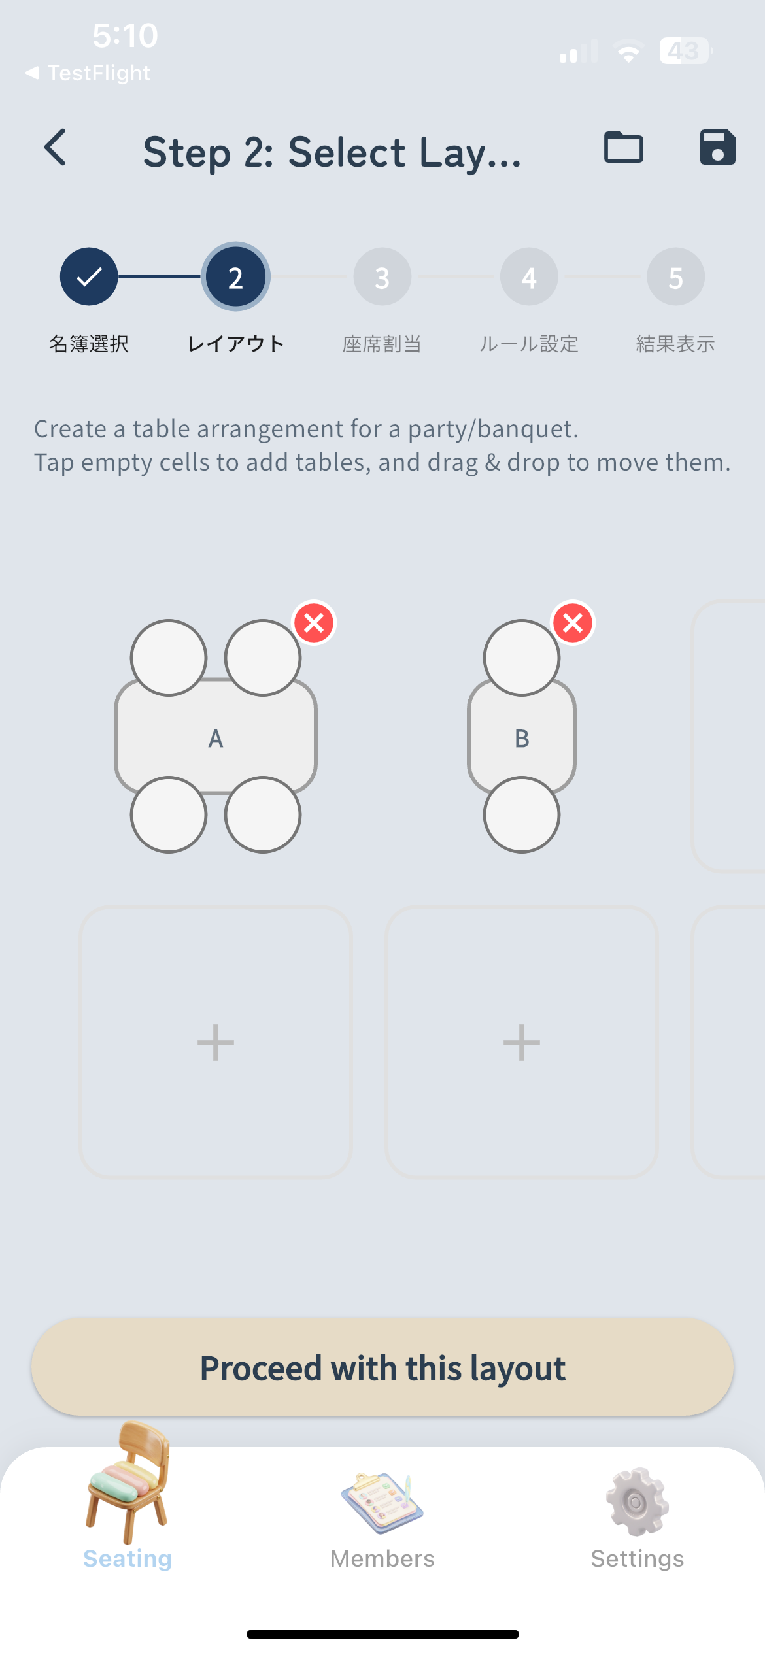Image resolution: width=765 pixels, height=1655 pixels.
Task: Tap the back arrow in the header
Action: [56, 148]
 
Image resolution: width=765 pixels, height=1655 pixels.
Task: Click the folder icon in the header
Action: [623, 148]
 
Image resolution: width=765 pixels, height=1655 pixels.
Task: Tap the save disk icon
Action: [717, 148]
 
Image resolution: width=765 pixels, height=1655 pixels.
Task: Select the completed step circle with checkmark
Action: [89, 277]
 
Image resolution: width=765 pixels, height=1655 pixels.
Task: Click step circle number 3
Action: [382, 277]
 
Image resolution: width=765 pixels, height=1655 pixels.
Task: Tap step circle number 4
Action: [529, 277]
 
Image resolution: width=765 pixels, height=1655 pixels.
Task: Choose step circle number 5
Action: [675, 277]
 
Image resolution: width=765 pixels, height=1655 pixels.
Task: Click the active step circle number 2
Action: [235, 277]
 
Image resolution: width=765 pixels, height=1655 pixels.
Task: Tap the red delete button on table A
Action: [314, 623]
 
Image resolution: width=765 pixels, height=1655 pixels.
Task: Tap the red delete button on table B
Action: [573, 623]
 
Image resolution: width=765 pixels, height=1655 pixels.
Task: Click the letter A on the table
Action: [216, 739]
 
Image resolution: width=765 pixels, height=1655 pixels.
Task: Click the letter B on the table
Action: [522, 739]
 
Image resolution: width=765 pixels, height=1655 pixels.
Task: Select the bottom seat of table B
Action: [522, 814]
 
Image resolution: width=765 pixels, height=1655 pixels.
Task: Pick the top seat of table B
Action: [522, 658]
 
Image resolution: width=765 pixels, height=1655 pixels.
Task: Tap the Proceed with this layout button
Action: [382, 1367]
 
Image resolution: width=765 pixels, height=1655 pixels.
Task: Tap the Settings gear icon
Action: [637, 1502]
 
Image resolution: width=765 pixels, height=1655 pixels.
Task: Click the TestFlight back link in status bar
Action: [88, 73]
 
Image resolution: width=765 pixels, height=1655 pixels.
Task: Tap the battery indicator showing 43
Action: [685, 51]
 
